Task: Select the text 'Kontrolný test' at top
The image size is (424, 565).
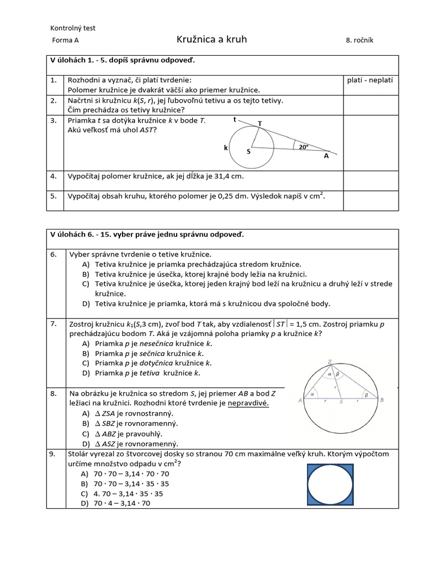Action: point(73,28)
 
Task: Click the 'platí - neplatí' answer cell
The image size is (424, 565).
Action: point(370,80)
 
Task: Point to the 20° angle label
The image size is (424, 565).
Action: point(303,147)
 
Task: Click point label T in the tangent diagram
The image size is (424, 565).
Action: point(260,123)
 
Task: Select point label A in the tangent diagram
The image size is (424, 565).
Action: point(326,156)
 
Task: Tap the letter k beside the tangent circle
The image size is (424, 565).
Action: point(225,148)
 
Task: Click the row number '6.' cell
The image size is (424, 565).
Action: point(54,254)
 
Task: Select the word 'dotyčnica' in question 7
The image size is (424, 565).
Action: point(156,363)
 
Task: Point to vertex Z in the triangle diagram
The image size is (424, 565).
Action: point(330,362)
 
